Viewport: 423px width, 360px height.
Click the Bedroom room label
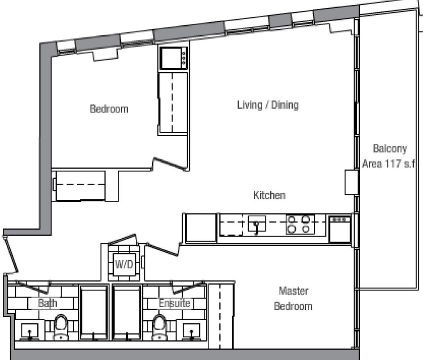click(x=109, y=109)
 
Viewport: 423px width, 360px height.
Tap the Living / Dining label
click(x=268, y=105)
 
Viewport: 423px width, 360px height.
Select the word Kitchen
click(x=269, y=195)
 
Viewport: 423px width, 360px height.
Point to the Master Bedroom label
click(x=293, y=299)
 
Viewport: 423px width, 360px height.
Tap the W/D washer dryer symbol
click(x=124, y=264)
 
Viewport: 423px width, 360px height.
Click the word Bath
click(x=47, y=303)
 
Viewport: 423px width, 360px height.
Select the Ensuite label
click(x=174, y=303)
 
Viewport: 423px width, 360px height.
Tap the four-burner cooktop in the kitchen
click(x=300, y=224)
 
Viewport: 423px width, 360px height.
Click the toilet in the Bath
click(x=61, y=327)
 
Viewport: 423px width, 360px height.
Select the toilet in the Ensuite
click(x=159, y=327)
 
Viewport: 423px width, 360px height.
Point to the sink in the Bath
click(x=30, y=331)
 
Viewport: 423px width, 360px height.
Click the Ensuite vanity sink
click(x=192, y=331)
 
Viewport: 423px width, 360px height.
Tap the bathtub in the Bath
click(x=94, y=313)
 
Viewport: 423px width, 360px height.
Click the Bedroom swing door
click(x=170, y=164)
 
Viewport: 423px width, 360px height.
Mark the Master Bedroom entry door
click(x=163, y=250)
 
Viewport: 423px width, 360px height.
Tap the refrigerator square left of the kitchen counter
click(x=201, y=228)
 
